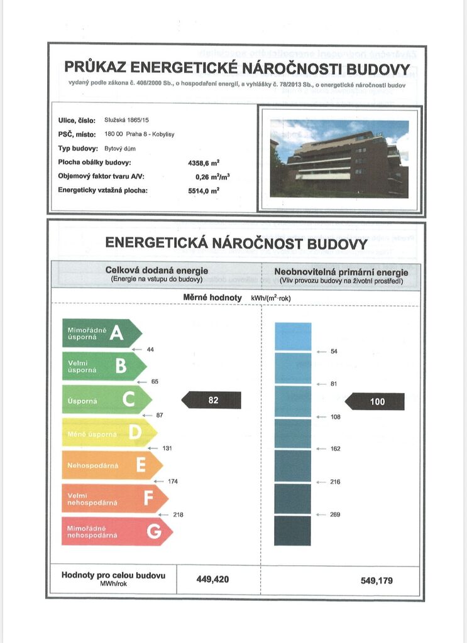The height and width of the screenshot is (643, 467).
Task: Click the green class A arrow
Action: tap(101, 333)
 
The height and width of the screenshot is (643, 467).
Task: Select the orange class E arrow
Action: tap(111, 465)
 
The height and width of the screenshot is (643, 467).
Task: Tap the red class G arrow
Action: tap(116, 531)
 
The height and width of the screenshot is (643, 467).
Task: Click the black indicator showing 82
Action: tap(212, 400)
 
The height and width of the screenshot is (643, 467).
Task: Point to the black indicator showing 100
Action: tap(376, 402)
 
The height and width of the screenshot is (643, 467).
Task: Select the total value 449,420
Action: tap(213, 580)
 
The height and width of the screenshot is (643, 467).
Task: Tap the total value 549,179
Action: tap(376, 580)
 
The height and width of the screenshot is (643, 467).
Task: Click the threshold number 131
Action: tap(167, 448)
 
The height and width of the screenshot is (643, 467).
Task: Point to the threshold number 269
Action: tap(335, 515)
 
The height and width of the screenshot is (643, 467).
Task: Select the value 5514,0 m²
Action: tap(204, 190)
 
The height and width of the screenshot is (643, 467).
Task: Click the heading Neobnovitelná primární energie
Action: tap(341, 272)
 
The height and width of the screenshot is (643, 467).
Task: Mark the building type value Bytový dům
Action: tap(120, 148)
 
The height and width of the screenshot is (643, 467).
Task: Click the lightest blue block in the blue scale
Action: tap(293, 336)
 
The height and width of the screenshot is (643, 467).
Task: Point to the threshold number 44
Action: tap(150, 349)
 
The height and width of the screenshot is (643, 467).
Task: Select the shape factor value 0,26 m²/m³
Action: tap(202, 176)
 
